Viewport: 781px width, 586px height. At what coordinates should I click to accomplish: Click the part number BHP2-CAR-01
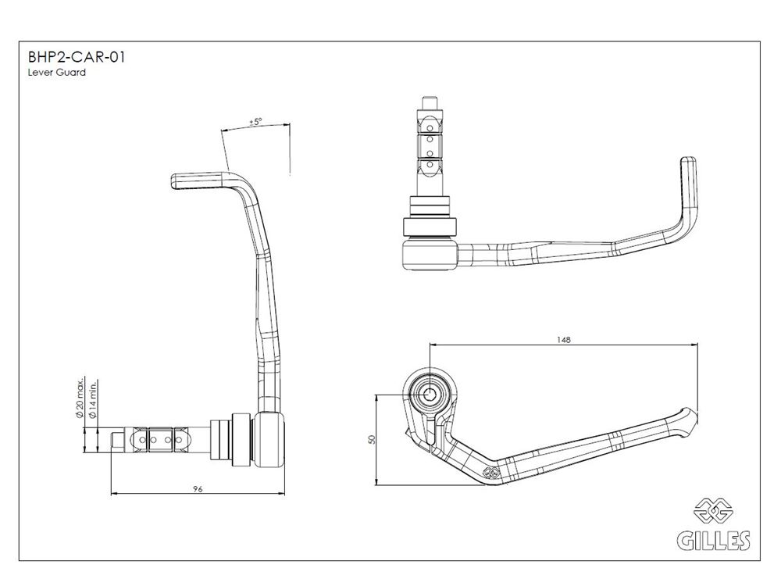(77, 57)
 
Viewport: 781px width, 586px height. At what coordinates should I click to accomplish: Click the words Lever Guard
(57, 72)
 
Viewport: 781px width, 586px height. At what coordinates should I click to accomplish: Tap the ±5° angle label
(255, 122)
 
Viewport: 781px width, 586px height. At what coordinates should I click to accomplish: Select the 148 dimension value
(564, 340)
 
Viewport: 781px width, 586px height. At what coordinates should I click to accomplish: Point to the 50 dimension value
(371, 439)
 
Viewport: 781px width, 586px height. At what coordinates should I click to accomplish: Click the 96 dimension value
(198, 489)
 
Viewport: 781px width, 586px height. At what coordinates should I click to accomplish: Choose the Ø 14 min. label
(92, 398)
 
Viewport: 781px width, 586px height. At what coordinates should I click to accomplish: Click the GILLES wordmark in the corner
(713, 540)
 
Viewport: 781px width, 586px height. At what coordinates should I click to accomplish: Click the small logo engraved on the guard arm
(491, 472)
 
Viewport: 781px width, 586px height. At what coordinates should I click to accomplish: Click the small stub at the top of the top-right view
(430, 104)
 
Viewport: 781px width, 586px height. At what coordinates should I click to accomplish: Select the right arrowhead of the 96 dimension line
(282, 493)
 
